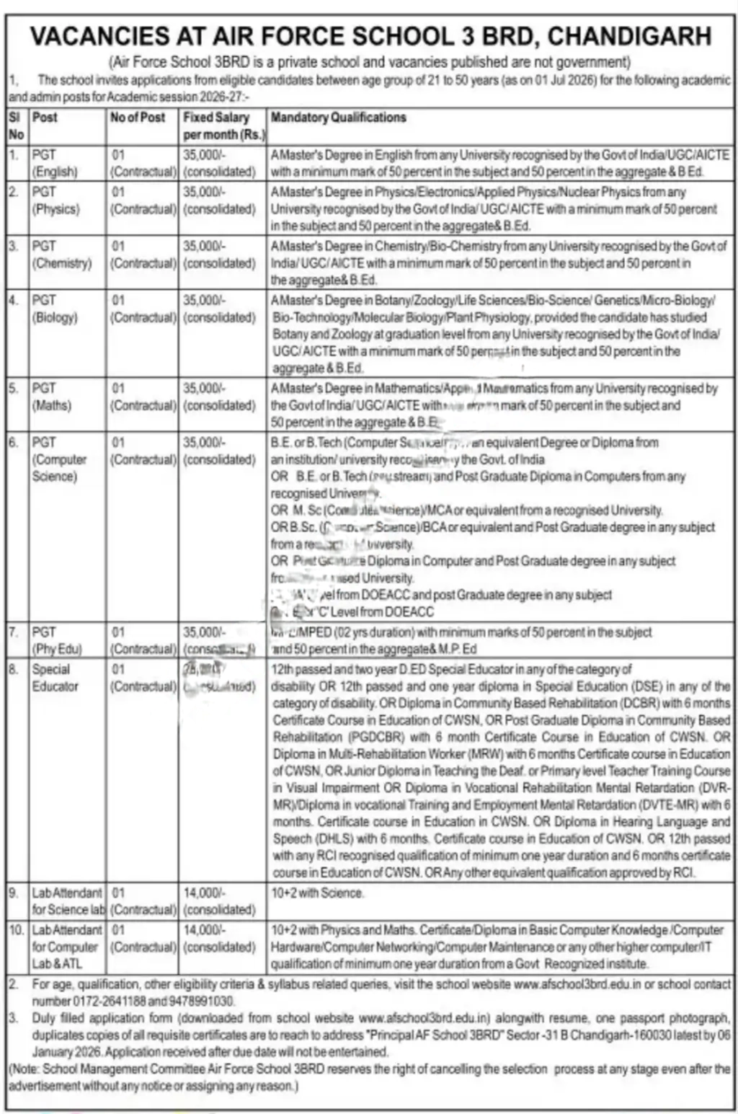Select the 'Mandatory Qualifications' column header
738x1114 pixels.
pyautogui.click(x=338, y=118)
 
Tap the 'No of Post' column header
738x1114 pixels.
pyautogui.click(x=138, y=118)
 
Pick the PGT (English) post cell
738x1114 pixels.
pyautogui.click(x=55, y=163)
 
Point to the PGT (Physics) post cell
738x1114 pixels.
pyautogui.click(x=55, y=200)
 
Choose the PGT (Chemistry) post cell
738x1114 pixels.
pyautogui.click(x=61, y=255)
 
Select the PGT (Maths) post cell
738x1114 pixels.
pyautogui.click(x=52, y=397)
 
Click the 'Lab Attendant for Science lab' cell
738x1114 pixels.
pyautogui.click(x=68, y=901)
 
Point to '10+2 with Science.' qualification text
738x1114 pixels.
pyautogui.click(x=317, y=893)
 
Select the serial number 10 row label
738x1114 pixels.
pyautogui.click(x=16, y=930)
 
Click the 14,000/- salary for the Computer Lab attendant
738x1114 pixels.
pyautogui.click(x=204, y=930)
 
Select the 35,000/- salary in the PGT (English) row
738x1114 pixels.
pyautogui.click(x=204, y=155)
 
